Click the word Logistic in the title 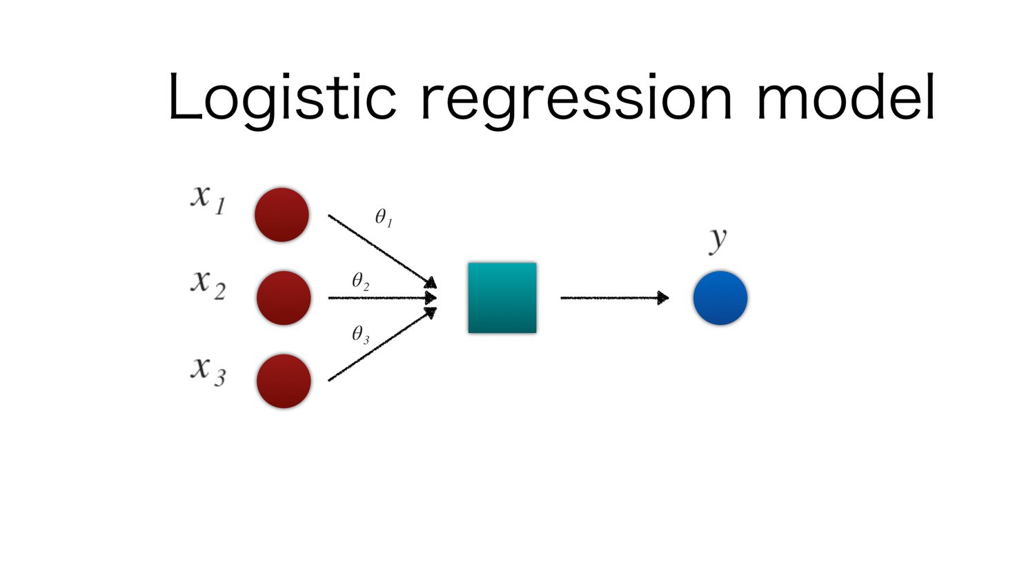click(282, 98)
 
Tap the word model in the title click(846, 98)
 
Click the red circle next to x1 click(282, 214)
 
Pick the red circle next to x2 click(283, 298)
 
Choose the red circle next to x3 click(283, 381)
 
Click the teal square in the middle click(502, 298)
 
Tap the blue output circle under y click(720, 298)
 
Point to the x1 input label click(208, 199)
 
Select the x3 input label click(208, 370)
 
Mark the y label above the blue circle click(718, 239)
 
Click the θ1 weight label click(384, 218)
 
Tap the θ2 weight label click(361, 281)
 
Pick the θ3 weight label click(361, 335)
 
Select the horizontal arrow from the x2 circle click(381, 298)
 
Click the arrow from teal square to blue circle click(614, 298)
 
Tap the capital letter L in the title click(184, 98)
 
